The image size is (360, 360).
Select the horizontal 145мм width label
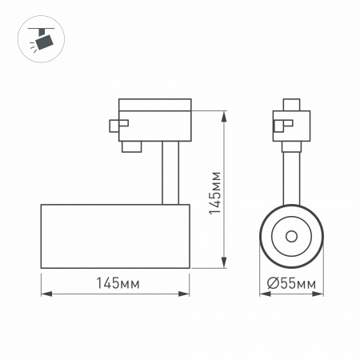pyautogui.click(x=115, y=283)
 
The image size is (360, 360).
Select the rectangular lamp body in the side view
pyautogui.click(x=115, y=237)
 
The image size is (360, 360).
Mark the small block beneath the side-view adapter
pyautogui.click(x=131, y=146)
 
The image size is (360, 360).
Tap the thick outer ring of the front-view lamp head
pyautogui.click(x=266, y=238)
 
